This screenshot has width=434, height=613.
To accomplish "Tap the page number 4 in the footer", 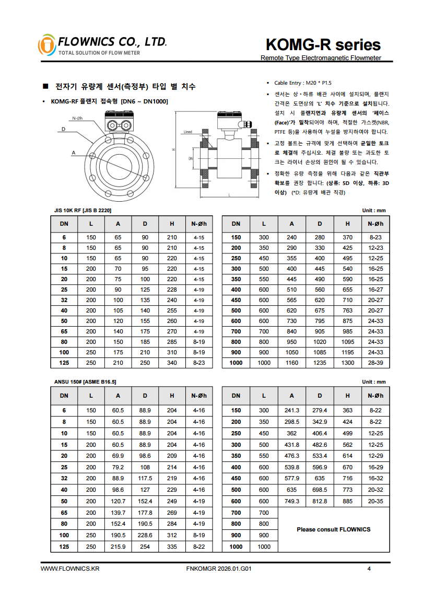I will pos(369,569).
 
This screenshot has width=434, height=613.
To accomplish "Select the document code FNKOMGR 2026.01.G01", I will pos(219,569).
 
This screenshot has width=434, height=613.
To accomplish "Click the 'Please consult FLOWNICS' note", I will pos(333,529).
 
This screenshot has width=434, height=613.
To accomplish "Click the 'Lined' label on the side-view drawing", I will pos(187,132).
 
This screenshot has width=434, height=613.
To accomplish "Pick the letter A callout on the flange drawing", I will pos(74,153).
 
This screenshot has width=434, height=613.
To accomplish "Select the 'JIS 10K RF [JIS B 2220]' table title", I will pos(83,210).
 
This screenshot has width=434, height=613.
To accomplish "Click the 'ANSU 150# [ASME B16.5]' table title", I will pos(85,382).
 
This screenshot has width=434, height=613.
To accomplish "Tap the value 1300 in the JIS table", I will pos(347,363).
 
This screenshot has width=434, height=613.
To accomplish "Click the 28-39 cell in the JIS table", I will pos(376,363).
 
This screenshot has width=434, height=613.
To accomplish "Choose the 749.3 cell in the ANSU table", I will pos(291,501).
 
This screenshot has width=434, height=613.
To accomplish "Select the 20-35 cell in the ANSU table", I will pos(376,501).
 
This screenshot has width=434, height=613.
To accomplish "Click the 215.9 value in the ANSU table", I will pos(119,546).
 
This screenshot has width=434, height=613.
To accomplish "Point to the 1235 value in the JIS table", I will pos(319,363).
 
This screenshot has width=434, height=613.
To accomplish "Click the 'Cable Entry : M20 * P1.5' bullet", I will pos(303,83).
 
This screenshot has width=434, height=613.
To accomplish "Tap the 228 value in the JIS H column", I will pos(172,290).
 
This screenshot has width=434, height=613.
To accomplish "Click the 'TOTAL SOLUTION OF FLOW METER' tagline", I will pos(99,53).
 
